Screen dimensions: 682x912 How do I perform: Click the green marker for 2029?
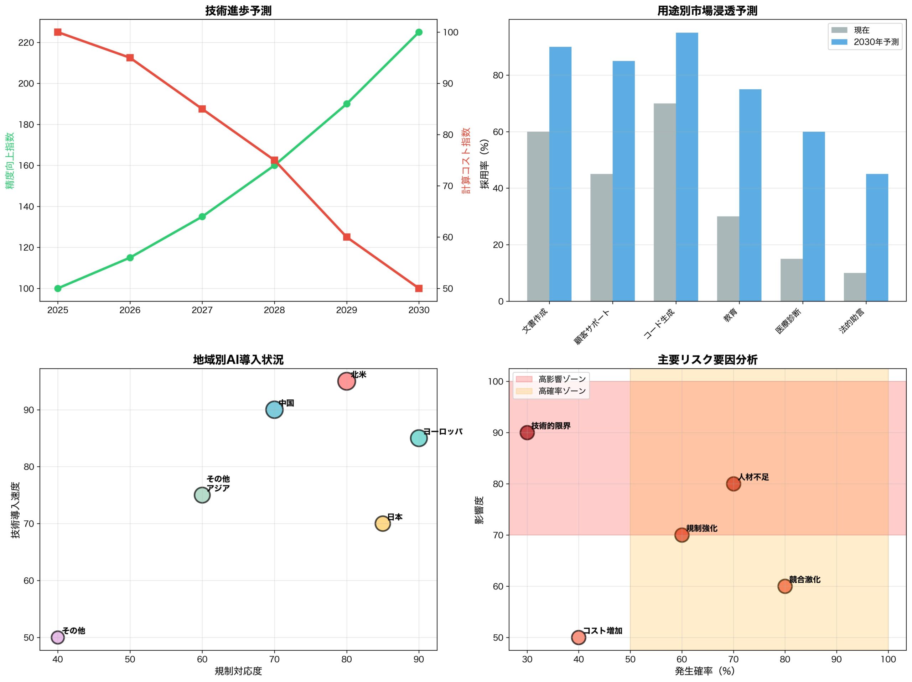[x=346, y=104]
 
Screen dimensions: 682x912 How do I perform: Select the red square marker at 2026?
[x=130, y=58]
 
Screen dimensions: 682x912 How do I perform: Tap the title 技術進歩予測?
[x=238, y=11]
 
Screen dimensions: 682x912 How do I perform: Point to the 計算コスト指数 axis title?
[x=466, y=161]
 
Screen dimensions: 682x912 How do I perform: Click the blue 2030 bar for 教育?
[x=750, y=195]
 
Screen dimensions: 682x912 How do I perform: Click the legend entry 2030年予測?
[x=876, y=42]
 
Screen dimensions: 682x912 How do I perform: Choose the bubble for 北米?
[x=346, y=381]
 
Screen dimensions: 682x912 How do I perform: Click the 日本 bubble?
[x=383, y=524]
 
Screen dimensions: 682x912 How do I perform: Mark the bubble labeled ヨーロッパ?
[x=419, y=438]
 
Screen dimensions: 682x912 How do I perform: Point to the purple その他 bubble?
[x=58, y=638]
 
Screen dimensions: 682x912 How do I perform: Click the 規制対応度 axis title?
[x=238, y=671]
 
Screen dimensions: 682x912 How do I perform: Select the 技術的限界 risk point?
[x=527, y=432]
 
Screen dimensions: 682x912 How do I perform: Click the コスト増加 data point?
[x=579, y=638]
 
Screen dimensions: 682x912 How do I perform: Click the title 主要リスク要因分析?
[x=707, y=360]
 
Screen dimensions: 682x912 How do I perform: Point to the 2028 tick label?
[x=274, y=310]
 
